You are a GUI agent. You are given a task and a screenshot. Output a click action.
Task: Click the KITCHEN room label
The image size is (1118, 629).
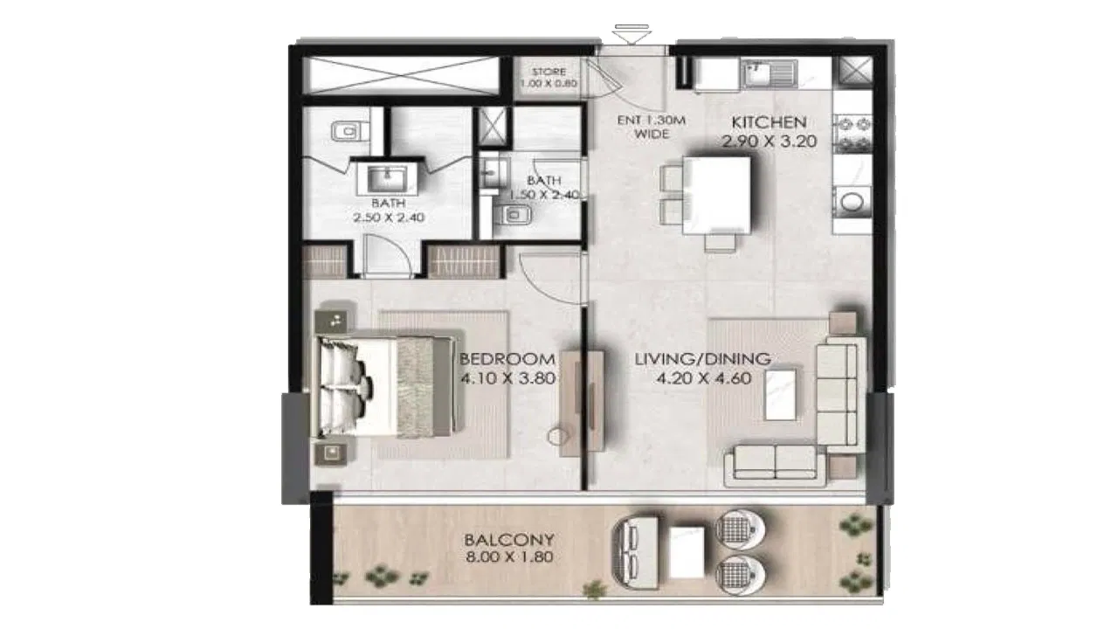point(769,122)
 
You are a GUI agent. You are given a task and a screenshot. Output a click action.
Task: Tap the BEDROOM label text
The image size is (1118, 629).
point(507,359)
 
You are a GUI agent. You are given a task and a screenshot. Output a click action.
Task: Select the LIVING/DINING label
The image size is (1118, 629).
point(702,359)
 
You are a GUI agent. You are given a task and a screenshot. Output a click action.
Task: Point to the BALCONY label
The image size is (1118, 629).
point(508,539)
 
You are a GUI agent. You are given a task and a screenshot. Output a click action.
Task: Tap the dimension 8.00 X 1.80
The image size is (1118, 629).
point(508,556)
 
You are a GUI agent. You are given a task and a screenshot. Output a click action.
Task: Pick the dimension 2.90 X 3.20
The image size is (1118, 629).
point(769,140)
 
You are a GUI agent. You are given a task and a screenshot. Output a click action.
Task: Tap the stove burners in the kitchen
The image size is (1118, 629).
point(852,131)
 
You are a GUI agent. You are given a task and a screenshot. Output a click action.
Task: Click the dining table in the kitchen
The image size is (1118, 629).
point(717,193)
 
